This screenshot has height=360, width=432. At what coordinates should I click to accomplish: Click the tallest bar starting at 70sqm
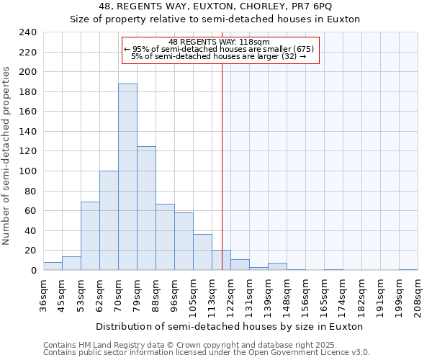point(127,177)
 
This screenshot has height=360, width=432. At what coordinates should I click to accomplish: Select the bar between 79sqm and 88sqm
point(146,208)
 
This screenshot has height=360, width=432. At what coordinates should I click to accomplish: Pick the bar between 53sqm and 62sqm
point(90,236)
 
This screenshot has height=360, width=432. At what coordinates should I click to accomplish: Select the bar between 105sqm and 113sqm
point(202,252)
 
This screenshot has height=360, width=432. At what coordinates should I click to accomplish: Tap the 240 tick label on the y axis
point(27,32)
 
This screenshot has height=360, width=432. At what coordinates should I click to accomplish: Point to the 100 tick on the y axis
point(27,171)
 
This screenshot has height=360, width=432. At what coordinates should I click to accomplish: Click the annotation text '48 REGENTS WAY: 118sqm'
point(219,42)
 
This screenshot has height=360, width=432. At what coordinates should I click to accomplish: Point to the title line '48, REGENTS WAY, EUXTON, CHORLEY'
point(215,6)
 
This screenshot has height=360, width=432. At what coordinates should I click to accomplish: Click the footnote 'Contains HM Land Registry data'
point(206,345)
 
